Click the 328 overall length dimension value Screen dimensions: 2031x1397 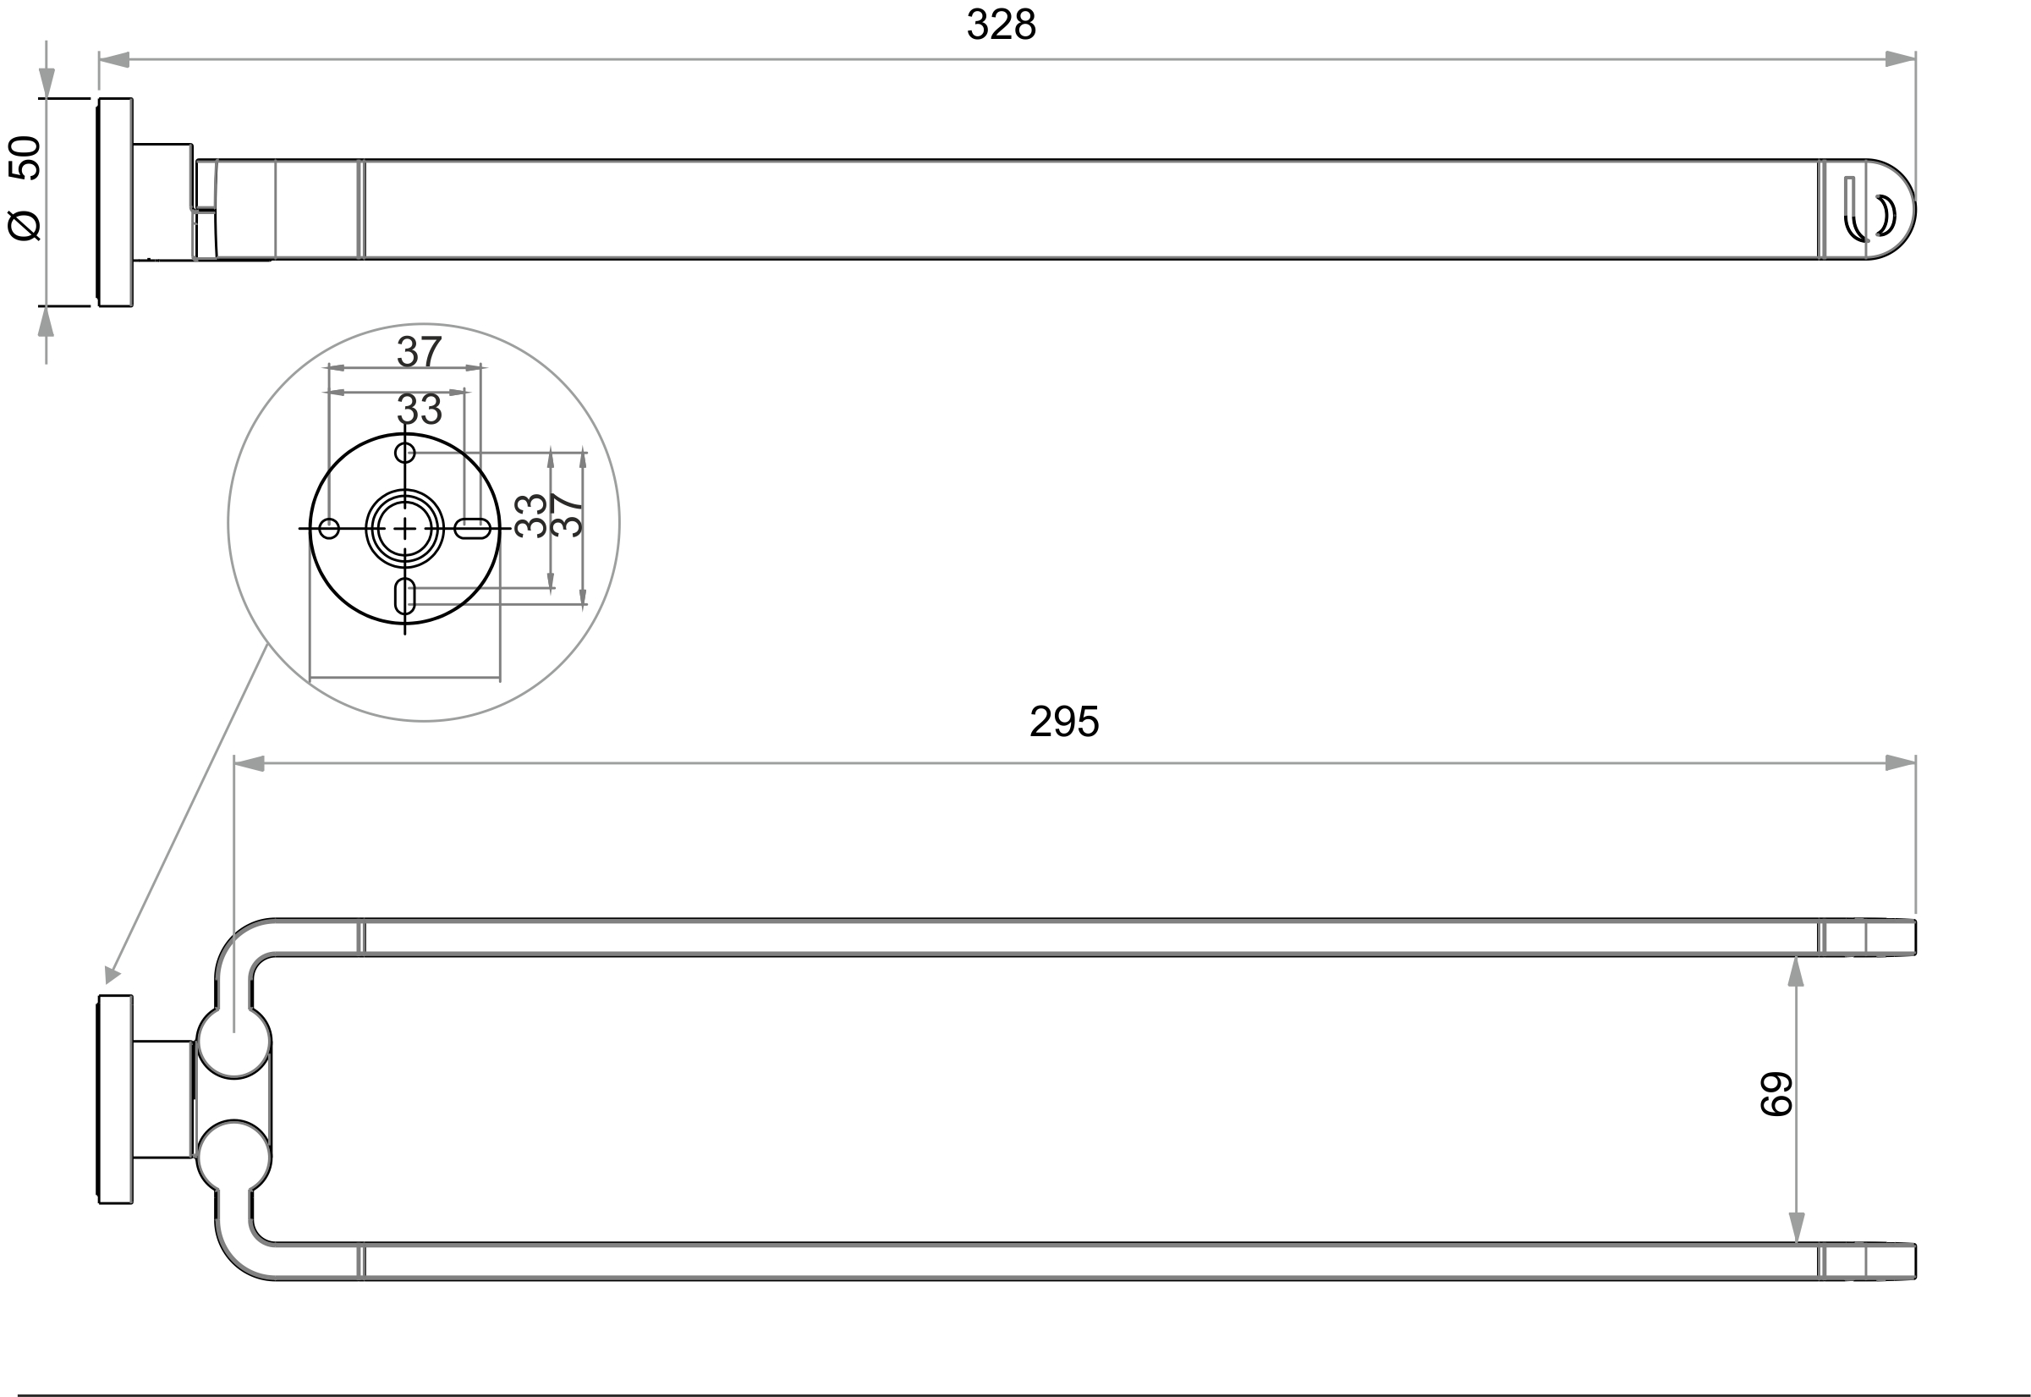[x=1001, y=25]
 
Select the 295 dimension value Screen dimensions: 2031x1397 [x=1064, y=722]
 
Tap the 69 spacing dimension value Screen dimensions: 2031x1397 [x=1776, y=1094]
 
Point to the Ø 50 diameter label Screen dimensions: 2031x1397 [x=25, y=188]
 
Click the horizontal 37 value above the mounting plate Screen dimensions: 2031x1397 [x=420, y=352]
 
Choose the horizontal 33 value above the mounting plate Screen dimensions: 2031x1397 [x=420, y=409]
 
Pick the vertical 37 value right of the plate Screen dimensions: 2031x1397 [x=568, y=515]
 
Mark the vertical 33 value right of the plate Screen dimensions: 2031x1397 [x=531, y=515]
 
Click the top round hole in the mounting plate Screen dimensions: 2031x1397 [x=404, y=453]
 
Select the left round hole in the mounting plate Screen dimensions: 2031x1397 [x=329, y=529]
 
